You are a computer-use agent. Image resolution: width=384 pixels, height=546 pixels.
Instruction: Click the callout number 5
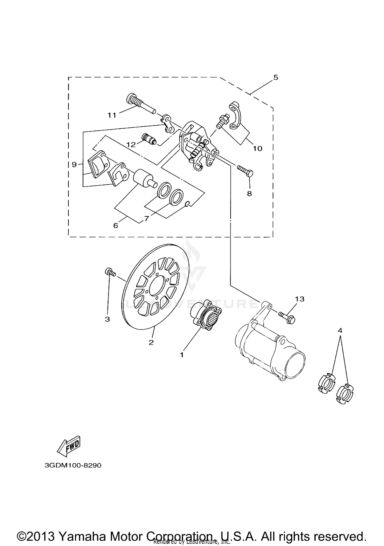click(x=275, y=77)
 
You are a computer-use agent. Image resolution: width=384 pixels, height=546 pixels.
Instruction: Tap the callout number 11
click(x=112, y=115)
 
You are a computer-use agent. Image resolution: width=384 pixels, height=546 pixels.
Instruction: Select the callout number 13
click(x=300, y=299)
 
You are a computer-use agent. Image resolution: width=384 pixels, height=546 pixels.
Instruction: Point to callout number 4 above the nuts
click(x=340, y=330)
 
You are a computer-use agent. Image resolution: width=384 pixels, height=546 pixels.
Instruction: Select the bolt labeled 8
click(x=245, y=170)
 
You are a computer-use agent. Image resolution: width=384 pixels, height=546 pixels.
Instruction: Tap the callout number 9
click(x=74, y=164)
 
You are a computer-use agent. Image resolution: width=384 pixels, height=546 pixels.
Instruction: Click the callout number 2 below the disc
click(x=151, y=342)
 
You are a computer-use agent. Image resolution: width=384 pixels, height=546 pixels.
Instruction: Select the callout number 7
click(x=146, y=219)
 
